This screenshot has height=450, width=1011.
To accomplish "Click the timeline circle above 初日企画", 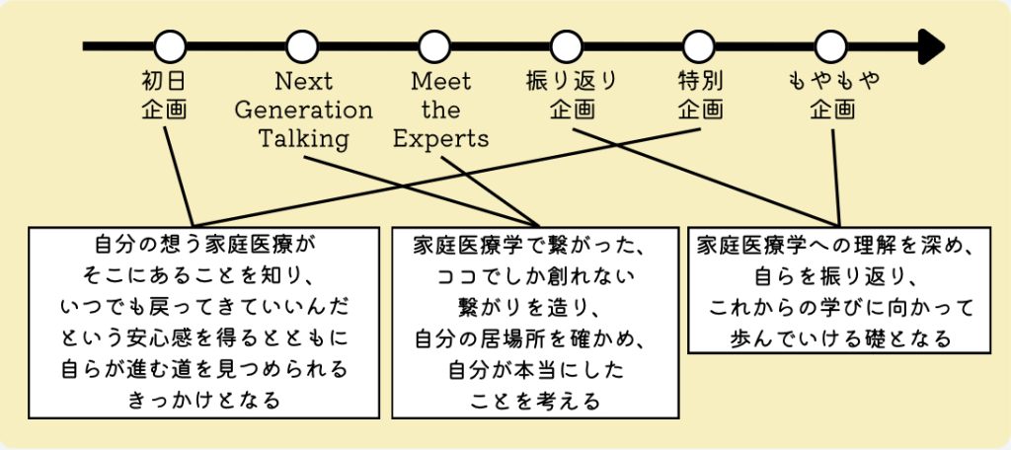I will pyautogui.click(x=171, y=45).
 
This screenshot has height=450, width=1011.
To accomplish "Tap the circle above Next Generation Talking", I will pyautogui.click(x=302, y=45).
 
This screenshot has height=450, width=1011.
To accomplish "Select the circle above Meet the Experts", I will pyautogui.click(x=434, y=45).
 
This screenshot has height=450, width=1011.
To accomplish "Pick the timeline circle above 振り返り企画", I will pyautogui.click(x=567, y=45).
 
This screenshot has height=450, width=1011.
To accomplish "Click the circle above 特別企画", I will pyautogui.click(x=699, y=45).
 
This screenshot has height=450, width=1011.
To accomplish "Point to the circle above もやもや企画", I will pyautogui.click(x=831, y=45).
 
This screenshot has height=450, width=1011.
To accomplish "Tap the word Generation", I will pyautogui.click(x=303, y=110).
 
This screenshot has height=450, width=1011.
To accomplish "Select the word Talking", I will pyautogui.click(x=303, y=138).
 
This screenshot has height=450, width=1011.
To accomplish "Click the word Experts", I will pyautogui.click(x=440, y=138).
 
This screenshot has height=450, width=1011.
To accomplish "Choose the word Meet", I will pyautogui.click(x=440, y=81).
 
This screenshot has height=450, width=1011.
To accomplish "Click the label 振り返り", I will pyautogui.click(x=573, y=81).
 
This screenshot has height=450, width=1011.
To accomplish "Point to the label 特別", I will pyautogui.click(x=700, y=81).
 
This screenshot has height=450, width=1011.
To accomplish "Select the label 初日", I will pyautogui.click(x=165, y=81).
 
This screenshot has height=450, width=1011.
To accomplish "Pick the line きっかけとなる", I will pyautogui.click(x=203, y=400).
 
